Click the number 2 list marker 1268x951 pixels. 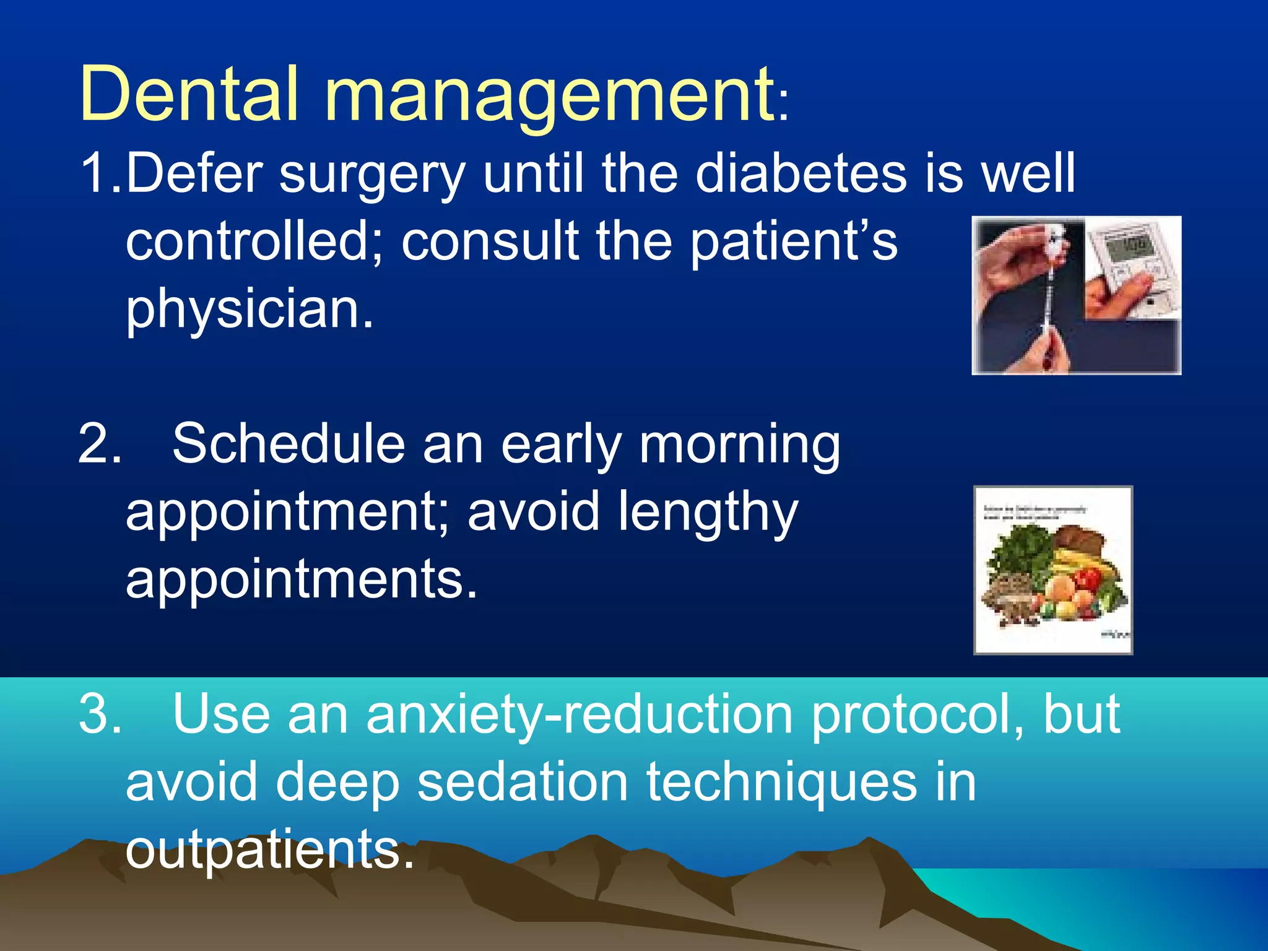click(x=99, y=445)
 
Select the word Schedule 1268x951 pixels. click(x=288, y=445)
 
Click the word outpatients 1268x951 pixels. click(x=269, y=851)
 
